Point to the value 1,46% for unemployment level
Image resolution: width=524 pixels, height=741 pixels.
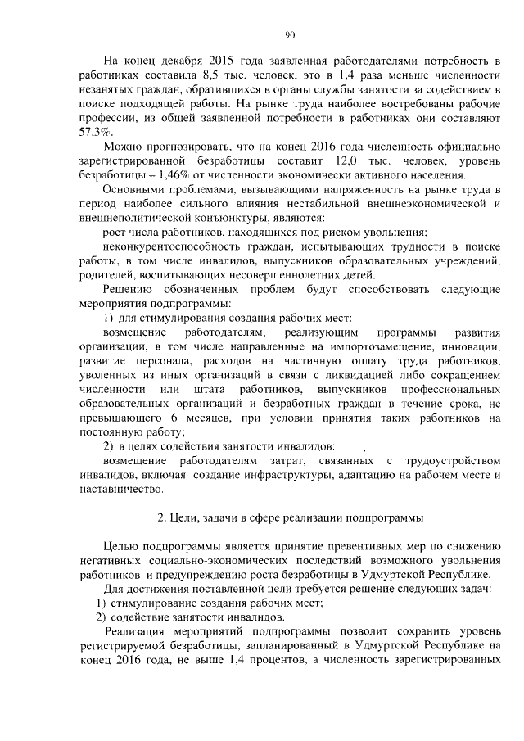185,174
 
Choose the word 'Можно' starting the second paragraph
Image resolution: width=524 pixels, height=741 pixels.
121,146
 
